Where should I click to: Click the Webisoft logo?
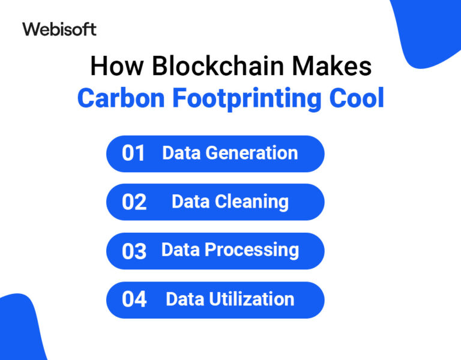pos(59,29)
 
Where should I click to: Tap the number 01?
pos(134,154)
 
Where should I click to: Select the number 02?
pos(134,202)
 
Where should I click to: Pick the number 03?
pos(134,251)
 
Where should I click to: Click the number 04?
pos(134,299)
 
